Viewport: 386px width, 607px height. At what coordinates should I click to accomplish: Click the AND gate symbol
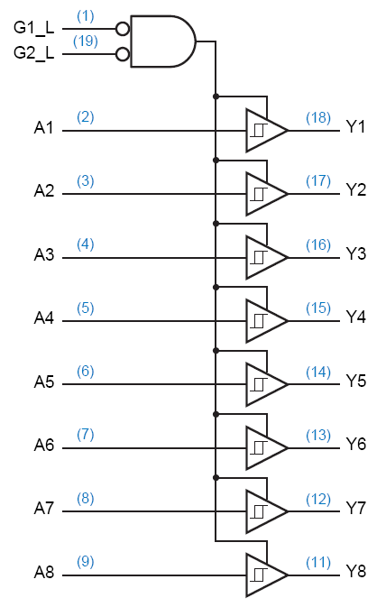(x=163, y=41)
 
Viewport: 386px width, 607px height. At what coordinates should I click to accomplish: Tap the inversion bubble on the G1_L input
(x=123, y=29)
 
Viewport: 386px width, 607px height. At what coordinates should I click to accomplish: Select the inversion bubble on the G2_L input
(x=123, y=54)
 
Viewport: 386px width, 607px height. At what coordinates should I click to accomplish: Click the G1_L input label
(x=33, y=29)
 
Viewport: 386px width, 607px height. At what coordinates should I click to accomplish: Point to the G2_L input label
(x=33, y=53)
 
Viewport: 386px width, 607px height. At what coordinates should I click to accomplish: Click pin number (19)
(x=85, y=41)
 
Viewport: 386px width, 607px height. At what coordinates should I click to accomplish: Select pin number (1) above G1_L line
(x=85, y=16)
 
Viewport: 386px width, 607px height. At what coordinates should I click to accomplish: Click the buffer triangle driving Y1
(x=267, y=131)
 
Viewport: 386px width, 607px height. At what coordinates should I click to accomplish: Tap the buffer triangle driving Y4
(x=267, y=321)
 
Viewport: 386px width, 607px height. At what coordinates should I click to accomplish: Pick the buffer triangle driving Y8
(x=267, y=575)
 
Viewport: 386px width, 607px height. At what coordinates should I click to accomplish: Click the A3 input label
(x=44, y=254)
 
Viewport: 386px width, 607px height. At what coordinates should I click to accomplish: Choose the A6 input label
(x=44, y=446)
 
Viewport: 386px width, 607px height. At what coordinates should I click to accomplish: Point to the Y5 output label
(x=356, y=381)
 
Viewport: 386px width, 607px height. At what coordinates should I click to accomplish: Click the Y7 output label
(x=356, y=508)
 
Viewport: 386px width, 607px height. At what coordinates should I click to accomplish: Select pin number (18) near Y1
(x=318, y=118)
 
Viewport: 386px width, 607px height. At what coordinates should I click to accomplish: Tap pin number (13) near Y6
(x=318, y=436)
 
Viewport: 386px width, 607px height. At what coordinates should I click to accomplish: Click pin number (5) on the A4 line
(x=85, y=308)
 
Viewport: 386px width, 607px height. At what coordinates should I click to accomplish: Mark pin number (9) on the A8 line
(x=85, y=562)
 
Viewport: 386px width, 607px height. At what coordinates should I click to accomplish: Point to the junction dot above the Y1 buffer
(x=216, y=96)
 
